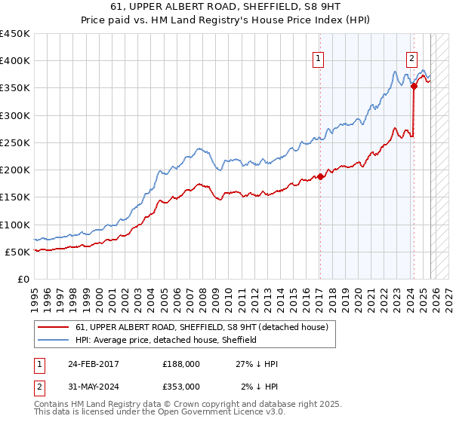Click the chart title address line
(x=226, y=7)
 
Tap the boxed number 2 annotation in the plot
(x=411, y=58)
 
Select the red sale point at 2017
(x=320, y=176)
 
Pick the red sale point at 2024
(x=414, y=87)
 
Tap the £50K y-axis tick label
(x=17, y=252)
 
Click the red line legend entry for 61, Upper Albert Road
(x=201, y=327)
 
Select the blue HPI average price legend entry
(x=166, y=340)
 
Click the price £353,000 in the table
(x=180, y=386)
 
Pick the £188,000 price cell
(x=180, y=363)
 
